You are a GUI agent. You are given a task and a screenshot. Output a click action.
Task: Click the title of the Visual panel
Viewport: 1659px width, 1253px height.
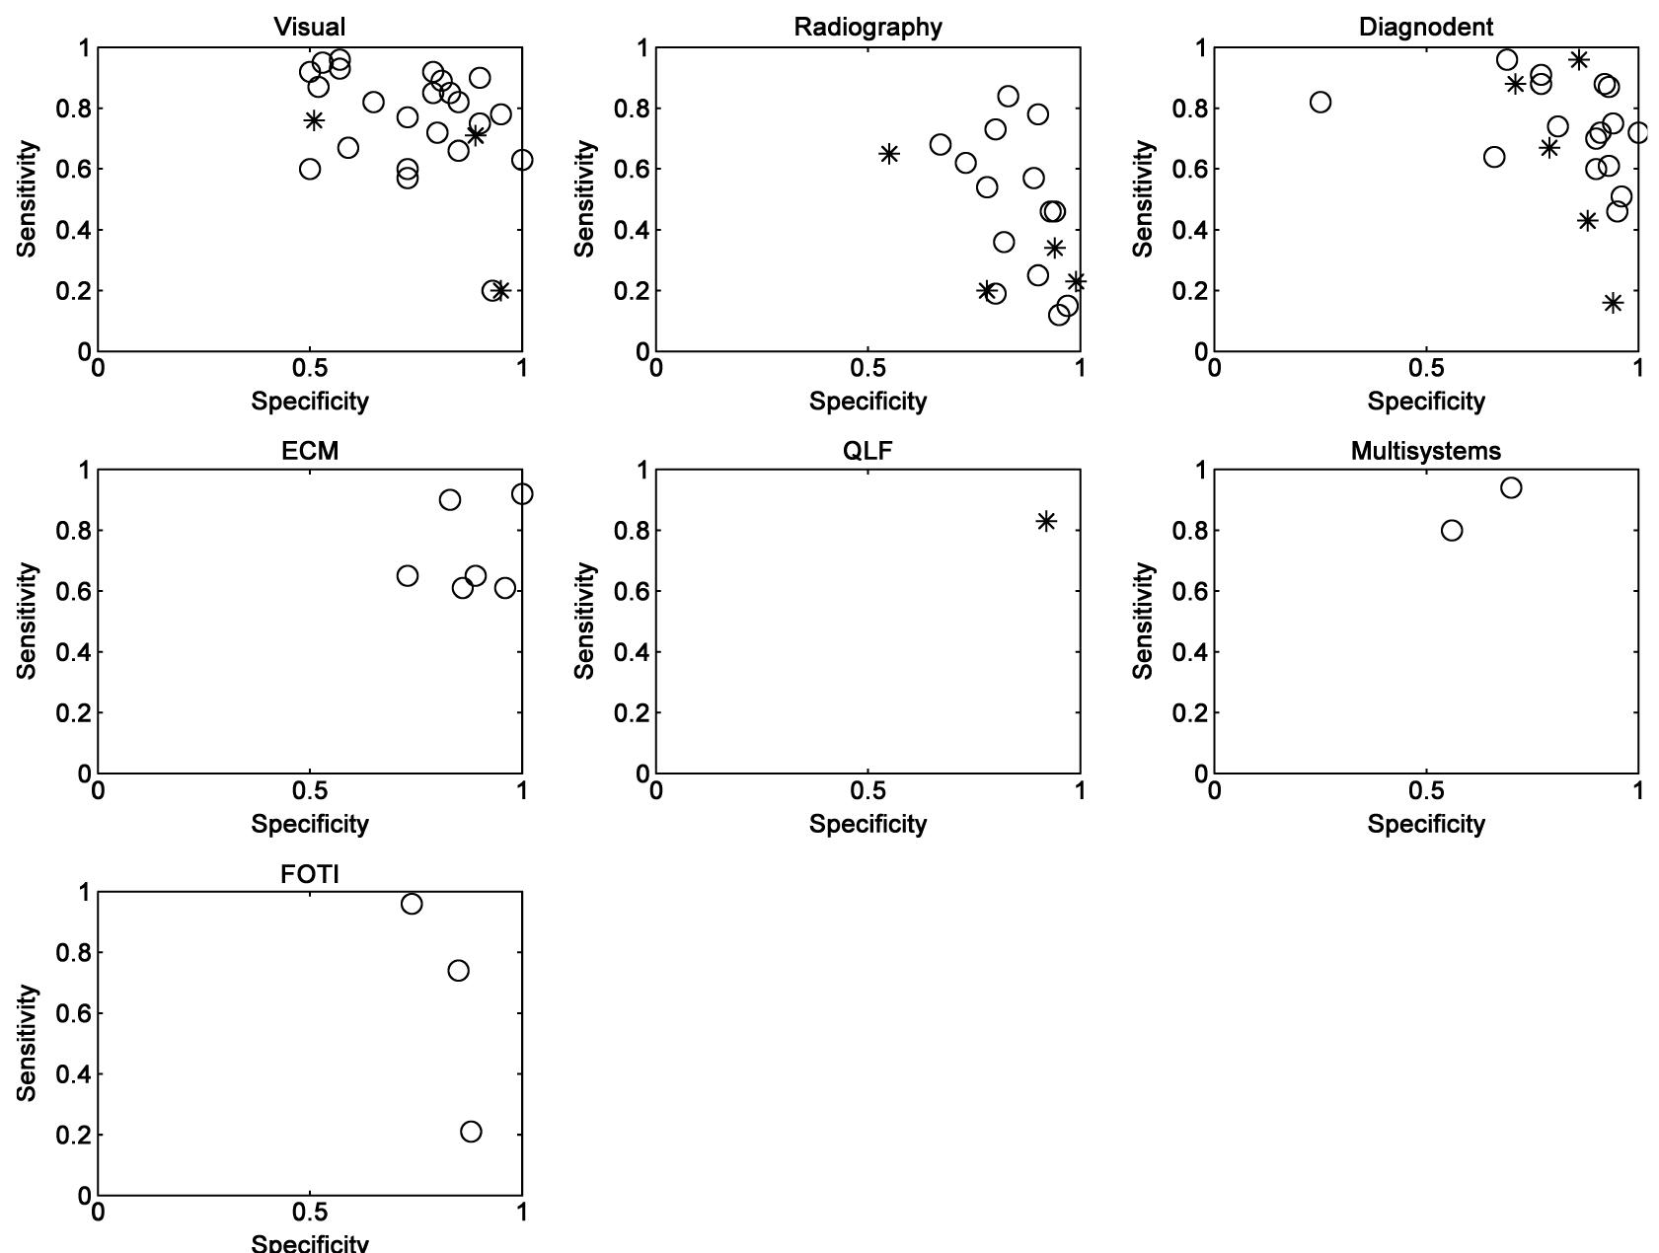coord(310,27)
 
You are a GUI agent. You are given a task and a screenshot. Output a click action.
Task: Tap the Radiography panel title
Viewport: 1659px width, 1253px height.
coord(867,27)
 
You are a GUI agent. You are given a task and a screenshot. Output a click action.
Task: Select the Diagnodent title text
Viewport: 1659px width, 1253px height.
coord(1425,27)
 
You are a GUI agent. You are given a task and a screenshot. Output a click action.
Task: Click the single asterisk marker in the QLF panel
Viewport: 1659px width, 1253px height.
coord(1046,521)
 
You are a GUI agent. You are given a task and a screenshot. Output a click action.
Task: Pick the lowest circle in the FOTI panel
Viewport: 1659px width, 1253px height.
coord(471,1132)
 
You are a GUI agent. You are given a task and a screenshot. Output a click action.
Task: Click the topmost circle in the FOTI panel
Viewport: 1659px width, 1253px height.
coord(412,904)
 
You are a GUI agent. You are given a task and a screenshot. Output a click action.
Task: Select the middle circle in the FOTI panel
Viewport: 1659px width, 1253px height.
coord(458,971)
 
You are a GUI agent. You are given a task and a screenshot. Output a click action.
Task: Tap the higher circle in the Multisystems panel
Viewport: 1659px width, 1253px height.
coord(1511,487)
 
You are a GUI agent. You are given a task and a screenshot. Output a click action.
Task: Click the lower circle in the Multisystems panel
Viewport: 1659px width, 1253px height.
coord(1452,531)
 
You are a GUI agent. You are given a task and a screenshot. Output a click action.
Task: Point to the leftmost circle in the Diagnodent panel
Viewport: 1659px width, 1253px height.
coord(1320,102)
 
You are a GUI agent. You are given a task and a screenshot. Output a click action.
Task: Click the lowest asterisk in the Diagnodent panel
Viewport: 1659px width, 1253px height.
coord(1613,303)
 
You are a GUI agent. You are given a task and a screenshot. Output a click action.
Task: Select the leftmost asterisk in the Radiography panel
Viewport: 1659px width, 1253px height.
coord(889,154)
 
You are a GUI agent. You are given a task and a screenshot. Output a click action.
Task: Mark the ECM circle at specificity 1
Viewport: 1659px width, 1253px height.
coord(522,493)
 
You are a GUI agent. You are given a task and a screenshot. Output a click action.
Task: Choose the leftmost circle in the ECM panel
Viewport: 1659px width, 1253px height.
coord(408,576)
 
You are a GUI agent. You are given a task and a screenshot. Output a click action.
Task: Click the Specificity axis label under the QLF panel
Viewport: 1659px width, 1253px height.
coord(867,824)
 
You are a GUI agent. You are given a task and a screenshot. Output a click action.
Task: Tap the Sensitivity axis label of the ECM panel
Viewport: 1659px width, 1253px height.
coord(28,621)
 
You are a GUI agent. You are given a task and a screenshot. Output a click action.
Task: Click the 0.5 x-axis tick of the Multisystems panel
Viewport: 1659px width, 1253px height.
coord(1425,791)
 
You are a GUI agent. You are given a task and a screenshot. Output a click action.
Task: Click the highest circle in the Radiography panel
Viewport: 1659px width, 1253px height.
coord(1008,96)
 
